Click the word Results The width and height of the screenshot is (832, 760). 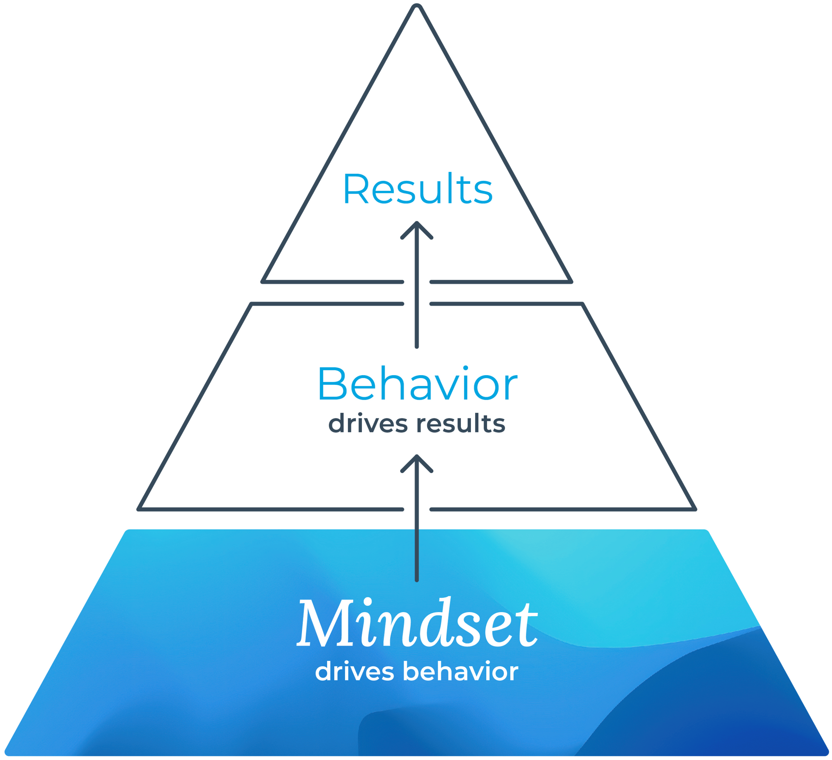(x=417, y=189)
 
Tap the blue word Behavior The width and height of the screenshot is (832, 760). (x=417, y=384)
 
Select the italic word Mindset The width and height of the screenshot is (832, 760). (x=417, y=623)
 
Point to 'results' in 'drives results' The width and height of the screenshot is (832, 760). (x=461, y=423)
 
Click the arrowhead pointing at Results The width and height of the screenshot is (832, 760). (x=417, y=225)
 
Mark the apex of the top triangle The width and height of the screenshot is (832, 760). (x=417, y=6)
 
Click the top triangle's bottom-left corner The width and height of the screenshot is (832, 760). (x=263, y=282)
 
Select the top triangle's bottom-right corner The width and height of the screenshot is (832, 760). (x=571, y=282)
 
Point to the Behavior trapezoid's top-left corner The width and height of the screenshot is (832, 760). (x=252, y=304)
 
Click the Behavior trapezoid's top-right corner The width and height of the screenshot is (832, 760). (x=582, y=304)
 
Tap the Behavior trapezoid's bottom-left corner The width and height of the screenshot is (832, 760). (x=139, y=509)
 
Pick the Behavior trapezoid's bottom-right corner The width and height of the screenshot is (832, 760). (x=695, y=509)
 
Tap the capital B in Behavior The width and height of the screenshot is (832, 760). (x=332, y=384)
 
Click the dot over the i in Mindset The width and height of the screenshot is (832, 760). (x=368, y=602)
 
